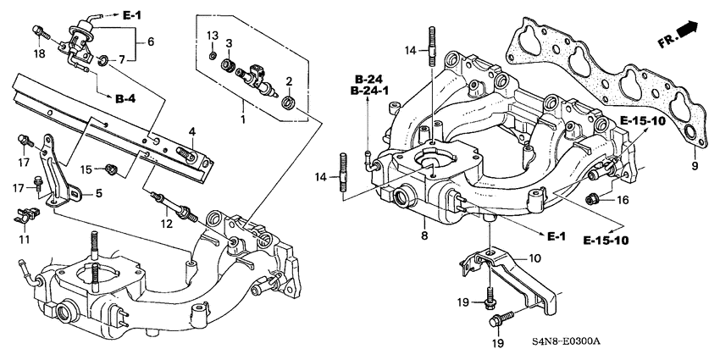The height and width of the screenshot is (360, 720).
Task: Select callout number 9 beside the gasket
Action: (x=695, y=166)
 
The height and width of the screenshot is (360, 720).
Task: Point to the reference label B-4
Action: (x=125, y=100)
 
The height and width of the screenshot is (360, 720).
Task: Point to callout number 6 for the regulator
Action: (x=151, y=40)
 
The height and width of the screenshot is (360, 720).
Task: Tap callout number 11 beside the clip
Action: (x=24, y=240)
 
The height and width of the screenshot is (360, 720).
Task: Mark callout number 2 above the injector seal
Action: (x=290, y=82)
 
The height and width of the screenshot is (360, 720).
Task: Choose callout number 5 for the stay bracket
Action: (x=98, y=194)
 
